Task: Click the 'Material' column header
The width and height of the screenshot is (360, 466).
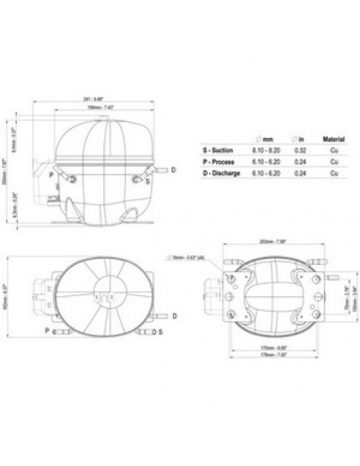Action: click(x=333, y=139)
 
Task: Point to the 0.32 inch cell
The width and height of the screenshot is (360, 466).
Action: click(x=300, y=149)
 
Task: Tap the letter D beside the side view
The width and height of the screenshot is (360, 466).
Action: click(x=173, y=171)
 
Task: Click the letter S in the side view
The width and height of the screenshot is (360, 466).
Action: click(x=148, y=181)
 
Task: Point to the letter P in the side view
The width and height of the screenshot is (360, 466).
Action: click(x=50, y=174)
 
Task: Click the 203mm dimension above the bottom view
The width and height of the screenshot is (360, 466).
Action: click(x=271, y=240)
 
